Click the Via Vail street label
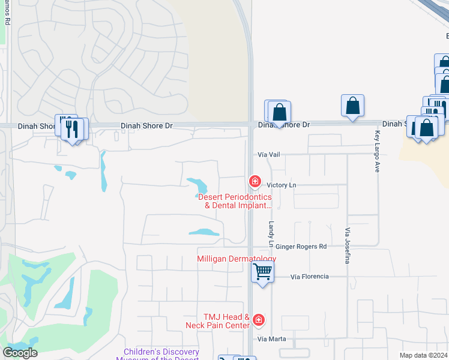(x=269, y=154)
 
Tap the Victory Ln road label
(x=282, y=185)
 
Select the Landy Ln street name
(x=271, y=229)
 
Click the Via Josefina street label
(x=347, y=246)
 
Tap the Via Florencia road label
(x=309, y=277)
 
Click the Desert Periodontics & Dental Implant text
(x=235, y=201)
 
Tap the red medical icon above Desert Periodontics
(x=255, y=181)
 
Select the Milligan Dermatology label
(x=237, y=259)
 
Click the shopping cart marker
(x=262, y=272)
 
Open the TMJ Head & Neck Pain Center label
(x=217, y=321)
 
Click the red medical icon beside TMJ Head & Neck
(x=258, y=321)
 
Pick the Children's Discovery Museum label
(x=161, y=355)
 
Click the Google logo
(x=20, y=353)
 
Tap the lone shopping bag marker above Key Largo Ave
(x=352, y=105)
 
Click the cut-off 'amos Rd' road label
(x=7, y=12)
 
